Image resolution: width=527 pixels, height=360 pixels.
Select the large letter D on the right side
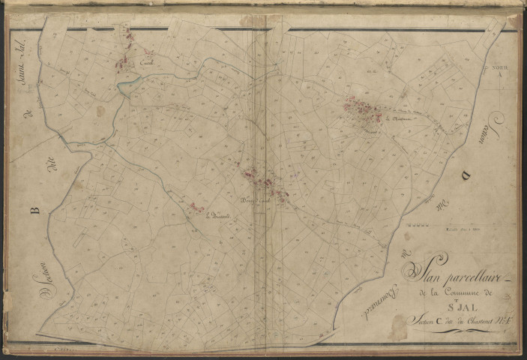pos(466,175)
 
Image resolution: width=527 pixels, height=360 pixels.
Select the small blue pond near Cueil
pos(127,88)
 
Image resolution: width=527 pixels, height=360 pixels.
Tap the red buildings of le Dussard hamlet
pos(196,208)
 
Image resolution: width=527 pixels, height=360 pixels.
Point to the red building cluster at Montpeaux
pos(365,109)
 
